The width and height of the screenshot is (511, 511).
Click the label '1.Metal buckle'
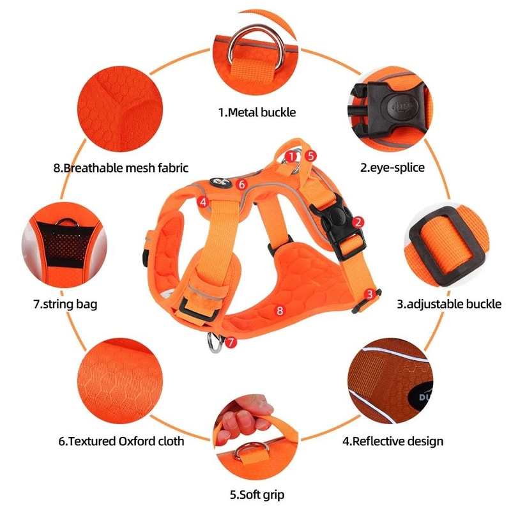click(257, 112)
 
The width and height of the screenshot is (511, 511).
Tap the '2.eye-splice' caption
click(392, 168)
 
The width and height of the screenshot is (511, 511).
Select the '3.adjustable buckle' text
click(448, 304)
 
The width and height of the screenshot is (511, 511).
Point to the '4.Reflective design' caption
click(393, 441)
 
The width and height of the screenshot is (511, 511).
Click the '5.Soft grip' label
click(257, 494)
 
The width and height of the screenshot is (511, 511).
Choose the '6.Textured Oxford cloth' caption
click(121, 441)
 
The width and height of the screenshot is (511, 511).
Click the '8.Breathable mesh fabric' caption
click(121, 168)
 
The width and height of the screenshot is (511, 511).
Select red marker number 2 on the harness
click(358, 222)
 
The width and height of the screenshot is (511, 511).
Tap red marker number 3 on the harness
click(369, 294)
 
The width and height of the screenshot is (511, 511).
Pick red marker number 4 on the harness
click(202, 202)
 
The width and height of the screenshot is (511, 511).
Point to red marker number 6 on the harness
click(240, 184)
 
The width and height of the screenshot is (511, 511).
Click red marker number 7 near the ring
click(231, 342)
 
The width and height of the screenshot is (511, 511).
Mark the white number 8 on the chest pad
click(279, 310)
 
